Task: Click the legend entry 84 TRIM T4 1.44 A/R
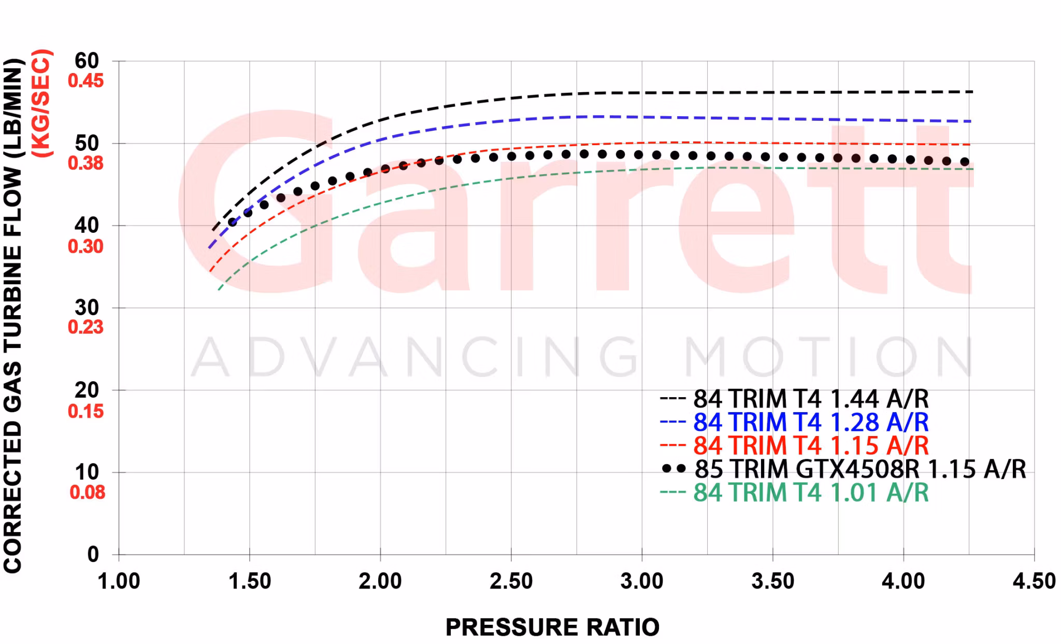(811, 399)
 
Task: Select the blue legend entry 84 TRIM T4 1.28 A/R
(811, 423)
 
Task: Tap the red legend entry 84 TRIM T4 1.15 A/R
(811, 446)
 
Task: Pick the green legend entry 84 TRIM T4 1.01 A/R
(811, 493)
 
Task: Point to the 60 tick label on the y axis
(87, 61)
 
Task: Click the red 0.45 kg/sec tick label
(86, 81)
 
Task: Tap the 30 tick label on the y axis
(87, 308)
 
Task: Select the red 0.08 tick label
(87, 492)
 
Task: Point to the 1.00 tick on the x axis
(119, 581)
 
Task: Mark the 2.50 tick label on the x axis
(511, 581)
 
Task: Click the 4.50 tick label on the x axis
(1034, 581)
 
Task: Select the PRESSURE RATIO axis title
(552, 627)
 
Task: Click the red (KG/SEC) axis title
(41, 104)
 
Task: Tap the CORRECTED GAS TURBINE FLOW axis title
(13, 316)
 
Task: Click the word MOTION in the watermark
(829, 358)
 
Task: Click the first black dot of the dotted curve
(233, 222)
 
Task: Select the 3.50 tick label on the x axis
(772, 581)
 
